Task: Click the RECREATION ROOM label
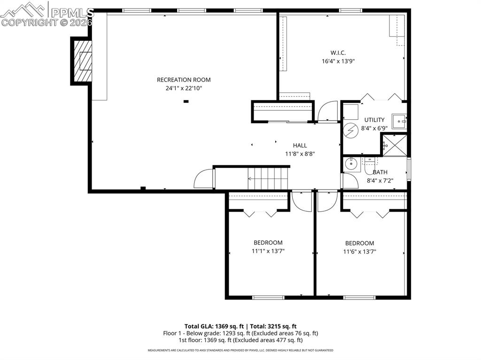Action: [184, 80]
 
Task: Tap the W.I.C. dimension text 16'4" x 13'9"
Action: [338, 61]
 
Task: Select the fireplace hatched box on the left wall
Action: [83, 61]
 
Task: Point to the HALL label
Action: [300, 146]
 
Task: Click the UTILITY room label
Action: [374, 120]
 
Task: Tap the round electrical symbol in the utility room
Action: [349, 130]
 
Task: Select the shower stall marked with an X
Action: [394, 146]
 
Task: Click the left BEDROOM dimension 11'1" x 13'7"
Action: [268, 251]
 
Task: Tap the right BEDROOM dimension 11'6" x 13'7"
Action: [359, 252]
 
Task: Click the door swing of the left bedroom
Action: [301, 201]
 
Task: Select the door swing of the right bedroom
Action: [325, 201]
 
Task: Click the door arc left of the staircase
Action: [203, 179]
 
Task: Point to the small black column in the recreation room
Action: [186, 101]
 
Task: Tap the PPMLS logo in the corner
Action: [47, 14]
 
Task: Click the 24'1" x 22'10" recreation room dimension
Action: [184, 88]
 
